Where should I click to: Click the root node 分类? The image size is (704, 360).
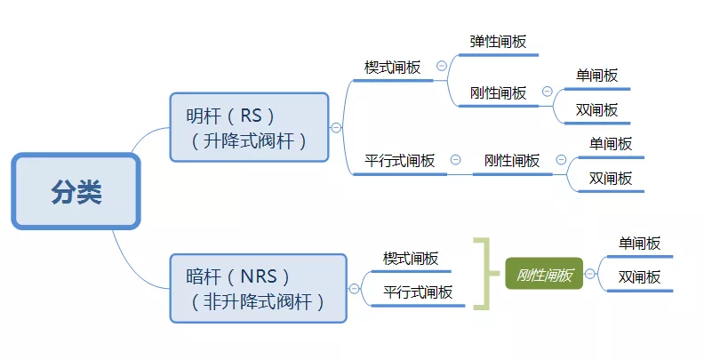pyautogui.click(x=76, y=191)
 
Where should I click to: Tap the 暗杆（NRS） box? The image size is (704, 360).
pyautogui.click(x=257, y=288)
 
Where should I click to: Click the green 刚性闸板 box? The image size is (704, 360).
pyautogui.click(x=544, y=275)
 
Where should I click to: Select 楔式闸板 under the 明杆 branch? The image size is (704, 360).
pyautogui.click(x=392, y=68)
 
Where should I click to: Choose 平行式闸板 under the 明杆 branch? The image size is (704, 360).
pyautogui.click(x=399, y=161)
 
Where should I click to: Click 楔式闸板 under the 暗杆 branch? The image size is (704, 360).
pyautogui.click(x=410, y=259)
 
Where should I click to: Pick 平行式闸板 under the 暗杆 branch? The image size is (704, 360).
pyautogui.click(x=417, y=292)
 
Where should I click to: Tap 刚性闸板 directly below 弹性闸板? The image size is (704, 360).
pyautogui.click(x=498, y=92)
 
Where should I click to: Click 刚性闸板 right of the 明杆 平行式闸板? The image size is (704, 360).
pyautogui.click(x=511, y=161)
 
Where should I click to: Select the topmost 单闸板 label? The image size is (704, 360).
pyautogui.click(x=596, y=76)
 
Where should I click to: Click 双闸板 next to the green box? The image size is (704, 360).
pyautogui.click(x=639, y=277)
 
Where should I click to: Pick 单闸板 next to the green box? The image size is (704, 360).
pyautogui.click(x=639, y=243)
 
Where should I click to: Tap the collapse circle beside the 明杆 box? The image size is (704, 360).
pyautogui.click(x=336, y=128)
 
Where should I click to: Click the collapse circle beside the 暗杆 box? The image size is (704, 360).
pyautogui.click(x=355, y=288)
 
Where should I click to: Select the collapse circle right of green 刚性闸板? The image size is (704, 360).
pyautogui.click(x=592, y=275)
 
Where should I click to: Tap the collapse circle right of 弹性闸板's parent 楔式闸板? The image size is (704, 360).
pyautogui.click(x=441, y=67)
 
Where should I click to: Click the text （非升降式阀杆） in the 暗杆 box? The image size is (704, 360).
pyautogui.click(x=257, y=302)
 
